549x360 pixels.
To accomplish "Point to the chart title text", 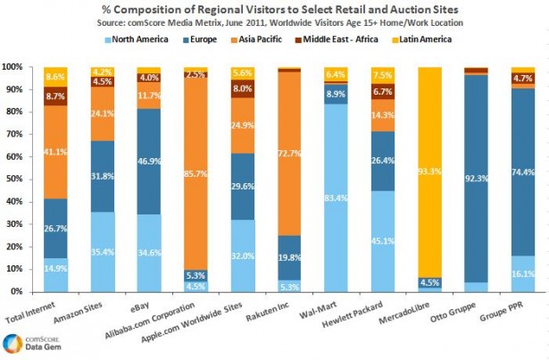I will (274, 9).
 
